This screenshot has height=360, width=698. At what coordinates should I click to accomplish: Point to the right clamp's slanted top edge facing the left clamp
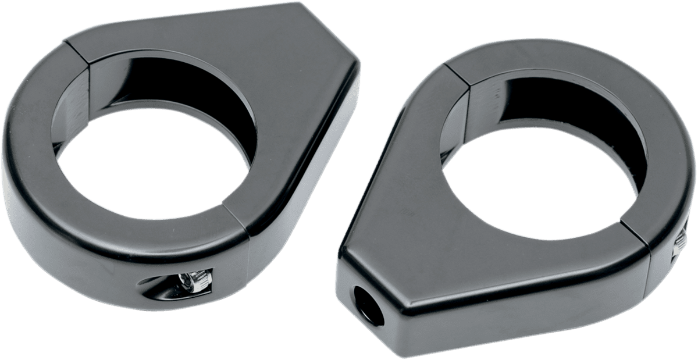384,145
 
